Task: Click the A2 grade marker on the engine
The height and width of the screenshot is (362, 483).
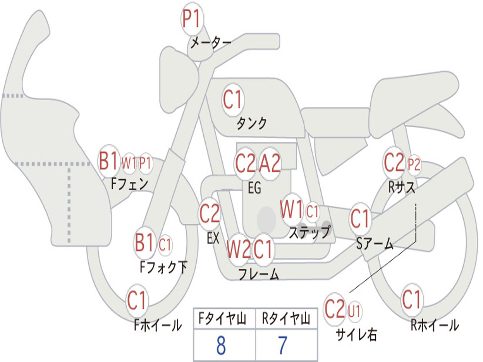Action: (x=270, y=164)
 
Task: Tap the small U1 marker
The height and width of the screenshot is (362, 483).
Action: (x=354, y=311)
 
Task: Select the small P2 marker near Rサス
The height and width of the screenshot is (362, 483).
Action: (x=414, y=165)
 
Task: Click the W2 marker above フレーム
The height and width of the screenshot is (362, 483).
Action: (x=238, y=249)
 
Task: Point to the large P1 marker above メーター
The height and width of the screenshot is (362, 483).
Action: (x=192, y=18)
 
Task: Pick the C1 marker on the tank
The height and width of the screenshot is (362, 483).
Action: (x=233, y=99)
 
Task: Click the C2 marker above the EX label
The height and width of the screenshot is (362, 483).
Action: (x=209, y=214)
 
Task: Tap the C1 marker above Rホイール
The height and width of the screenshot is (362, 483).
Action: (x=412, y=300)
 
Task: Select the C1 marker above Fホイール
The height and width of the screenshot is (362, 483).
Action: (x=137, y=300)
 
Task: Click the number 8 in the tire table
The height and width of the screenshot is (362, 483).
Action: (x=221, y=346)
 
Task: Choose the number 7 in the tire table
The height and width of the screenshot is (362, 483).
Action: (x=283, y=346)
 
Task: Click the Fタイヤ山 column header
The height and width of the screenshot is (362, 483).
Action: (x=223, y=319)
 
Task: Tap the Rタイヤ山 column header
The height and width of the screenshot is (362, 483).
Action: (x=286, y=319)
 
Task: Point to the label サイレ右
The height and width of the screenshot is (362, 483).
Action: (x=357, y=334)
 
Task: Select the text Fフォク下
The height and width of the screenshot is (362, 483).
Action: (x=164, y=267)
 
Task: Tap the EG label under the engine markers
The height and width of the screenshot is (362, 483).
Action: (x=254, y=188)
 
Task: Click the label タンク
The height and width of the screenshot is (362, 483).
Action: (x=252, y=123)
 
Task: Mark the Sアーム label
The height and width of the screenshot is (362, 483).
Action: (x=375, y=244)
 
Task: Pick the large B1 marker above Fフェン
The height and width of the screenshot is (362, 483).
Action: (x=108, y=160)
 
